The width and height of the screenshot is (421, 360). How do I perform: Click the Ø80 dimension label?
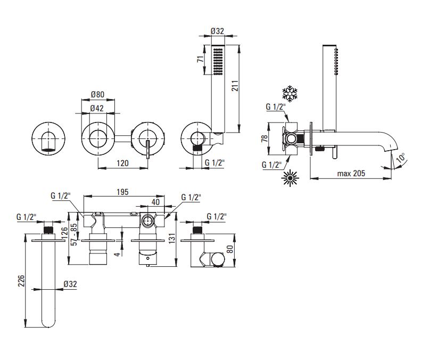[x=97, y=95]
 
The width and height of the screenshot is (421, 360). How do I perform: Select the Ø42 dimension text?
[x=97, y=108]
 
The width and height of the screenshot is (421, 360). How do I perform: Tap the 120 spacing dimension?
[x=122, y=163]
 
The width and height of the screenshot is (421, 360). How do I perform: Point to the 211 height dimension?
[x=235, y=86]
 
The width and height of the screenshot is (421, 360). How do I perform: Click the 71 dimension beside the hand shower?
[x=201, y=59]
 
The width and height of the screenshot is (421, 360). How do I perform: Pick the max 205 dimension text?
[x=351, y=173]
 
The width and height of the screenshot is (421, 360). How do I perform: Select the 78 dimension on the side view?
[x=265, y=138]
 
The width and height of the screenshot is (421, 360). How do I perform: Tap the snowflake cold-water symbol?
[x=290, y=94]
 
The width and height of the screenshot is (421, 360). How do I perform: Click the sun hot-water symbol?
[x=290, y=178]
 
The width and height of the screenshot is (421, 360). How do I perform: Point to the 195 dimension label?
[x=122, y=192]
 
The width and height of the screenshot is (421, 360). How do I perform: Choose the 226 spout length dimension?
[x=21, y=281]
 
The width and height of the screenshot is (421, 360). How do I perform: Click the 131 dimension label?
[x=172, y=238]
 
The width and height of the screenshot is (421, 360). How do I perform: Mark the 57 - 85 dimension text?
[x=74, y=234]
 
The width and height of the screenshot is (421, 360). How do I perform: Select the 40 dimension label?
[x=155, y=202]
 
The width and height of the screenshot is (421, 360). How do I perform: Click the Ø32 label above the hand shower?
[x=218, y=31]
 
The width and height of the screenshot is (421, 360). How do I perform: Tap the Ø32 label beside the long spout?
[x=70, y=284]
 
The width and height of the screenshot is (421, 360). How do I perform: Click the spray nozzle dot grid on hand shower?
[x=218, y=62]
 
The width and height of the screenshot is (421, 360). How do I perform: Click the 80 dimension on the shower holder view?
[x=230, y=249]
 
